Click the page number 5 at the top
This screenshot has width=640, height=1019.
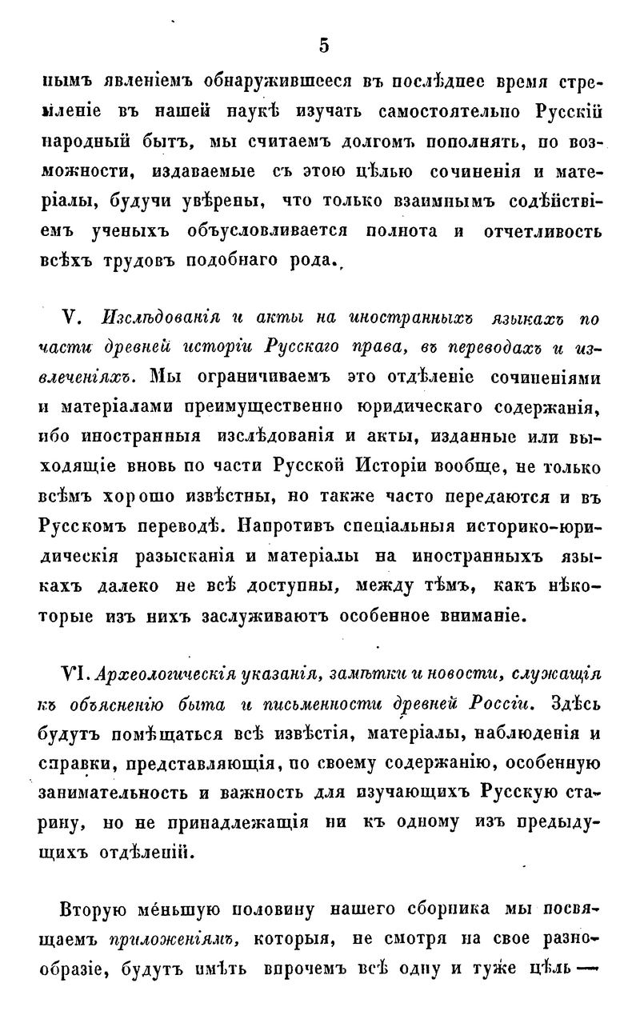tap(323, 46)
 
